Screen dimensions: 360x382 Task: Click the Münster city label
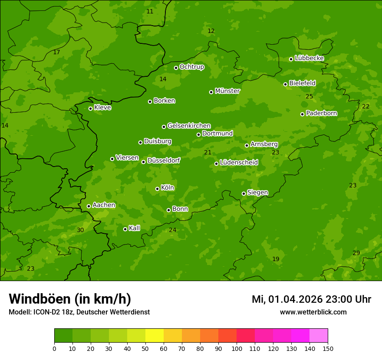(227, 91)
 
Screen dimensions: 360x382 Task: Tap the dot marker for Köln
(157, 189)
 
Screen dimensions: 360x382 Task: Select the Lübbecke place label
(309, 58)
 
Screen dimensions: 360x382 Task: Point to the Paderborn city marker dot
(302, 114)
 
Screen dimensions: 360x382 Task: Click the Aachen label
(104, 205)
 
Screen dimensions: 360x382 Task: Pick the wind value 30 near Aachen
(80, 230)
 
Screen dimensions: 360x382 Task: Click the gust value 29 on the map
(356, 253)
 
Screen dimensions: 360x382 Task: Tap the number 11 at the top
(150, 11)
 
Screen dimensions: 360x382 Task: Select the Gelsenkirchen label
(189, 126)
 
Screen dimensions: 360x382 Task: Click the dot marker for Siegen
(244, 193)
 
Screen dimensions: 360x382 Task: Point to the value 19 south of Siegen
(276, 259)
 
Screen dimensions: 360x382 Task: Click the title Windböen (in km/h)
(70, 299)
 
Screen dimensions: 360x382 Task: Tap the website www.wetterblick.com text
(313, 312)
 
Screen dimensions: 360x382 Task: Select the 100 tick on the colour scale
(237, 348)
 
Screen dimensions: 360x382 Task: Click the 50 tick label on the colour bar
(145, 348)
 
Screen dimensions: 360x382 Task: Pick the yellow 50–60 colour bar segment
(155, 336)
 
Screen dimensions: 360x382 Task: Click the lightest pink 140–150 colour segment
(319, 336)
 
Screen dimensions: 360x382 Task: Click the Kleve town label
(102, 108)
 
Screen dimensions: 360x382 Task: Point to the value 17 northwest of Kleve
(56, 52)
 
